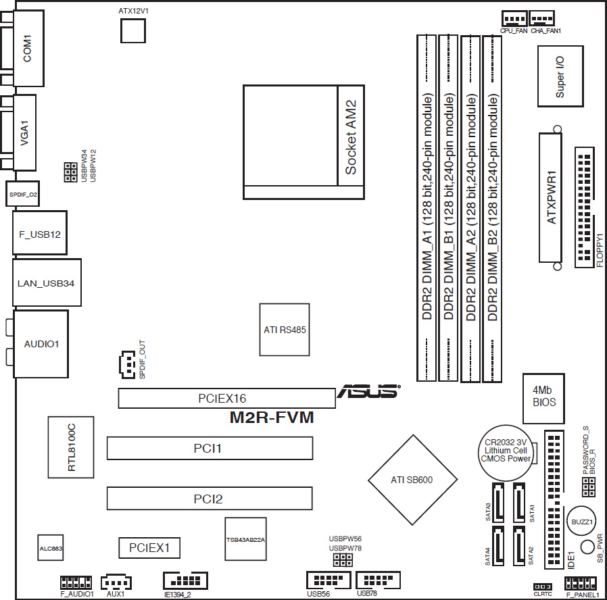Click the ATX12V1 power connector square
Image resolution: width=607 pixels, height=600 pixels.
132,30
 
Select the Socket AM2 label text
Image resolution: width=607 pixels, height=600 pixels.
351,137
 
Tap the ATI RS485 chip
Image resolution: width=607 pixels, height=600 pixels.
285,330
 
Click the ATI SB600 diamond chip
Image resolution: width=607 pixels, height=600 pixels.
413,480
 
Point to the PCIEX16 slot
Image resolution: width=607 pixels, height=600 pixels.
227,398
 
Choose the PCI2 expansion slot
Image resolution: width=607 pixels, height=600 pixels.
210,498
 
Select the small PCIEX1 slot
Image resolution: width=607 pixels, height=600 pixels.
149,548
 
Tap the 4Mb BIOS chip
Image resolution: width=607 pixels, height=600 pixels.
543,398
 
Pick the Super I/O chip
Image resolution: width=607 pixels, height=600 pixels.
560,76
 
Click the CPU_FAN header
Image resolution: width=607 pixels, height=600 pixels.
514,18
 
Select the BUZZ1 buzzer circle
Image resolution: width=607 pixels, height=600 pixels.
581,522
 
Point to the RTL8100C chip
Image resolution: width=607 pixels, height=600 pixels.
71,447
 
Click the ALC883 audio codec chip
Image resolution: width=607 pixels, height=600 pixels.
50,548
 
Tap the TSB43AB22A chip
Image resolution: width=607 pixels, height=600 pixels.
245,539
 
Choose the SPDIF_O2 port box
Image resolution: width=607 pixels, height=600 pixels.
22,194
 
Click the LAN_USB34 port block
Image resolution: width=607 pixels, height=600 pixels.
47,282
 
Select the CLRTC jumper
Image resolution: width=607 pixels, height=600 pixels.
543,587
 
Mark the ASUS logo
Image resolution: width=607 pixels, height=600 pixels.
368,391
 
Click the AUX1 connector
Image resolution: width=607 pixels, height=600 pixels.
116,582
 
